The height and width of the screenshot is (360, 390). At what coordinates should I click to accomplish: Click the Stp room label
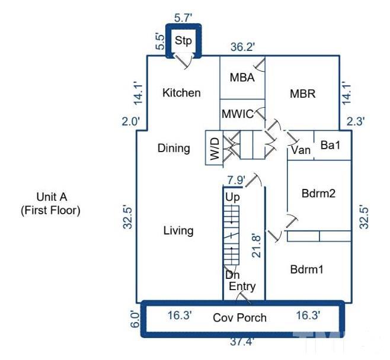(183, 41)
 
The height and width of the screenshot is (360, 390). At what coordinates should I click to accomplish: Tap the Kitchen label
(181, 93)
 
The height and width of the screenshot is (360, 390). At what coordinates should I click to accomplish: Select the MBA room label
(242, 78)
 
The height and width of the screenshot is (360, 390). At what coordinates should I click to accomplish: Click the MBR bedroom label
(302, 94)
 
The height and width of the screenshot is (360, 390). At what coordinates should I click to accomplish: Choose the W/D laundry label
(214, 148)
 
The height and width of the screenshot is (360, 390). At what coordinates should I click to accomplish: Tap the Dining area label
(174, 148)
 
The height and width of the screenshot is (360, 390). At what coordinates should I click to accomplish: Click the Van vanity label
(301, 150)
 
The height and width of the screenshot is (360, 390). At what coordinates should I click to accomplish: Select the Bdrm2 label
(319, 194)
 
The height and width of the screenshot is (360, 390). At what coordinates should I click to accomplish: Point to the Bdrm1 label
(307, 269)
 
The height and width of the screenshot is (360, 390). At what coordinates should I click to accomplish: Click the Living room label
(178, 230)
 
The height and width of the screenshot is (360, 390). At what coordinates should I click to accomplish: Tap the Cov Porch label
(240, 318)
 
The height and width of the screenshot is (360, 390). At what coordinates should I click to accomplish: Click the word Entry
(242, 287)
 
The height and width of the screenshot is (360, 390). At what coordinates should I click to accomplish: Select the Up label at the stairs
(232, 196)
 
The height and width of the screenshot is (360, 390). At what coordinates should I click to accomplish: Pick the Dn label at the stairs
(232, 275)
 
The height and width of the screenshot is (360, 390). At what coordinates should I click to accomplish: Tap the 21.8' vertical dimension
(256, 244)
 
